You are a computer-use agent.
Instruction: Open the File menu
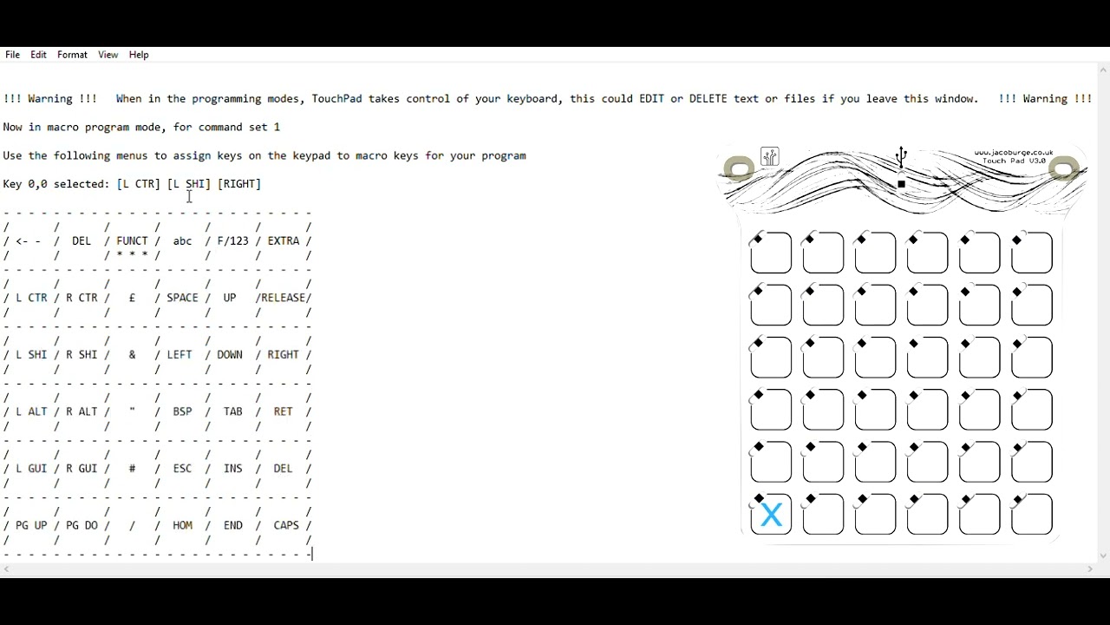coord(12,55)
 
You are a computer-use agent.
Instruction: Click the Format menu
coord(72,55)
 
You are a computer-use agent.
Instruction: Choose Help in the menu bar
coord(139,55)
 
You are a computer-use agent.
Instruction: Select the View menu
coord(108,55)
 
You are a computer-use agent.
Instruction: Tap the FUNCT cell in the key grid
coord(132,241)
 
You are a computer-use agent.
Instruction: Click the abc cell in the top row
coord(182,241)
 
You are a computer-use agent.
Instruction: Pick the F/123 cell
coord(232,241)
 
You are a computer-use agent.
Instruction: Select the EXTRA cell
coord(284,241)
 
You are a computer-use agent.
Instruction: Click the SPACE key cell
coord(182,298)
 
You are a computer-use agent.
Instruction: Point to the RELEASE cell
coord(284,298)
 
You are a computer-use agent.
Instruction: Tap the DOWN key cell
coord(230,355)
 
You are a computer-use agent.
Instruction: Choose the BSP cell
coord(182,411)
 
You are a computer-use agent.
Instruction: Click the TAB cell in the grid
coord(232,411)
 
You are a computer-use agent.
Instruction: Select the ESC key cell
coord(182,469)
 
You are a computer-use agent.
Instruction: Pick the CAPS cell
coord(286,525)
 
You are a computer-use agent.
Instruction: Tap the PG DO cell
coord(82,525)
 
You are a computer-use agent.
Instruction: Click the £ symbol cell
coord(132,298)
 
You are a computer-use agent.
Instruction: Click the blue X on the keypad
coord(771,516)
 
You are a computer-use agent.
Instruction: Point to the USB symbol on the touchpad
coord(901,157)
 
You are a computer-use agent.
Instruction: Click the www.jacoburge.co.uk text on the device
coord(1013,153)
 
